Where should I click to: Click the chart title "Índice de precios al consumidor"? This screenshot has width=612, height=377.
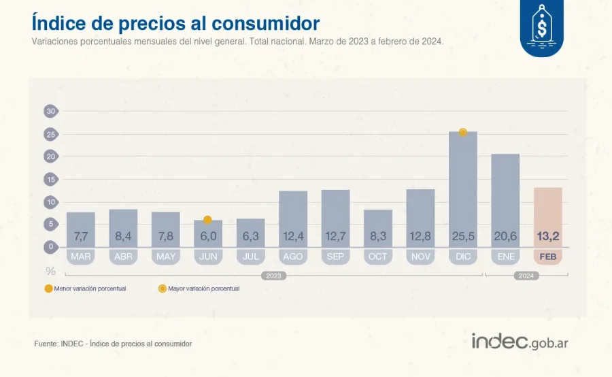[175, 23]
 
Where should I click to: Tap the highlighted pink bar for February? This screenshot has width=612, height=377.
[547, 218]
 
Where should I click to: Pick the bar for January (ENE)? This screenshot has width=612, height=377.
[505, 201]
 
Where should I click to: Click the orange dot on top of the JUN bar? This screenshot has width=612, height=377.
[208, 220]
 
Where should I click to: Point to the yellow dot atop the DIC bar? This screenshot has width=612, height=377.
[462, 133]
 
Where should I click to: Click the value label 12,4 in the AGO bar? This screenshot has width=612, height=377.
[293, 237]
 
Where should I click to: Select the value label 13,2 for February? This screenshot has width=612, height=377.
[547, 237]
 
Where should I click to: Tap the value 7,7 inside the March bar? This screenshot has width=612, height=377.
[81, 237]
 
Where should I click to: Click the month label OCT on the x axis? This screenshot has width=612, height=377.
[377, 257]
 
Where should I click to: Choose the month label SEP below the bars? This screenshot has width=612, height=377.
[335, 257]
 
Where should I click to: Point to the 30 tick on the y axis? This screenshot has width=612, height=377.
[50, 112]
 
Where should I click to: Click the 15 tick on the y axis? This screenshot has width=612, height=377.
[50, 180]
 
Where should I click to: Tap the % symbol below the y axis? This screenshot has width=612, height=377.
[50, 271]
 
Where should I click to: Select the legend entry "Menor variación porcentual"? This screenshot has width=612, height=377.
[85, 289]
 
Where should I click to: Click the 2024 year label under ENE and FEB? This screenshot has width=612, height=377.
[526, 276]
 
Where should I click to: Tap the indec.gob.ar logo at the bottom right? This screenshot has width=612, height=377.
[520, 342]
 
